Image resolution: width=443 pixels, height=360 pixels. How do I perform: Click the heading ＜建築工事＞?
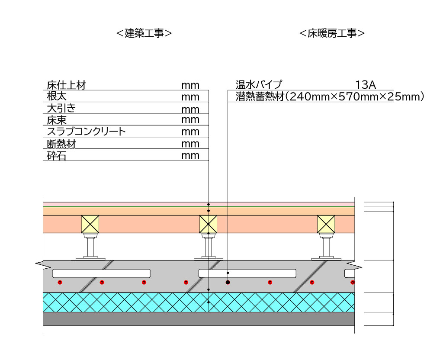(x=144, y=33)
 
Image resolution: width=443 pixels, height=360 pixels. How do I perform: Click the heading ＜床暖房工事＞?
(x=332, y=33)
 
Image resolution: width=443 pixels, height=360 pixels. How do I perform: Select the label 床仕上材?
(x=66, y=85)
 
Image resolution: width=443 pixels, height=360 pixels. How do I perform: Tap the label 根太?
(x=57, y=96)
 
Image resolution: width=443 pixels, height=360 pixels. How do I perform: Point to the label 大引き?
(x=61, y=108)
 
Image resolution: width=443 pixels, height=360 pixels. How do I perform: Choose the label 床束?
(x=57, y=120)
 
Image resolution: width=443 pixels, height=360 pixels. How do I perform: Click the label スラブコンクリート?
(x=86, y=132)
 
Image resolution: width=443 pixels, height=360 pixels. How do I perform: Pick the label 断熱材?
(x=61, y=144)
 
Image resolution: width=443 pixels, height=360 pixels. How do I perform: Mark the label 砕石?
(x=57, y=156)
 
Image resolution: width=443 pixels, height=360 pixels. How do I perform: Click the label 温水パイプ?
(x=259, y=84)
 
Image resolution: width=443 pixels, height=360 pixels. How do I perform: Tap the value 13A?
(x=366, y=85)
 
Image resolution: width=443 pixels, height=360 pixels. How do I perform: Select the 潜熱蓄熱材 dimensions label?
(x=330, y=96)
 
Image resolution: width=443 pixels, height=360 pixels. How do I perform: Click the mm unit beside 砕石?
(x=190, y=156)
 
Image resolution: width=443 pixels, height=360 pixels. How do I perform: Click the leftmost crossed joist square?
(x=90, y=224)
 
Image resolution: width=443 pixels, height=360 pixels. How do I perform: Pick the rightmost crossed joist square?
(x=326, y=224)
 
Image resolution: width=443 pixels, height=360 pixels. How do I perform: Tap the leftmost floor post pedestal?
(x=90, y=247)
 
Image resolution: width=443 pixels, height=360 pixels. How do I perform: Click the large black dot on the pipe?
(x=228, y=282)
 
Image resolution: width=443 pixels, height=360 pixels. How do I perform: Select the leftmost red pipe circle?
(x=60, y=282)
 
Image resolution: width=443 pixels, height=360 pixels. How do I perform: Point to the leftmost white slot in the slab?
(x=101, y=273)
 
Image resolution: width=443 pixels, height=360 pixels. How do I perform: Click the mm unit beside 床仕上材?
(x=190, y=86)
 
